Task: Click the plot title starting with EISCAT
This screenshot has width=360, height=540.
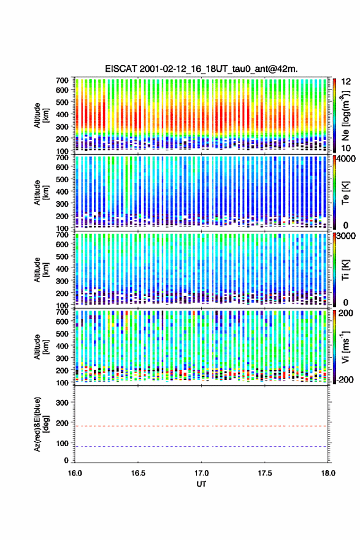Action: tap(201, 69)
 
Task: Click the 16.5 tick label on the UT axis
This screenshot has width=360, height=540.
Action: tap(138, 473)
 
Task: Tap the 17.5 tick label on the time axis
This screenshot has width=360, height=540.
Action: tap(265, 473)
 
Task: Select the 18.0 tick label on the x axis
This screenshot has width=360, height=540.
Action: tap(328, 473)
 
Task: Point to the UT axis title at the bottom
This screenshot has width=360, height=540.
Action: tap(201, 484)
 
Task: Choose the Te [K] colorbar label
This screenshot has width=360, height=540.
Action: tap(345, 193)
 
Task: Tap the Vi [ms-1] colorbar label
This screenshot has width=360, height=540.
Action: tap(345, 347)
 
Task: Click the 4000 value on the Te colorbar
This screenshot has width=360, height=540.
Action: tap(345, 160)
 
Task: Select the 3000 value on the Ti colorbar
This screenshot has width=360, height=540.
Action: tap(345, 236)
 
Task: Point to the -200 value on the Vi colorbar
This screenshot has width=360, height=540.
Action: tap(344, 379)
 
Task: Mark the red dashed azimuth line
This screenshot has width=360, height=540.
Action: tap(201, 426)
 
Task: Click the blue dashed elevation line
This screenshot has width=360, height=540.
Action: tap(201, 447)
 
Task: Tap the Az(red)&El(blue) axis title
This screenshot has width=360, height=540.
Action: tap(40, 424)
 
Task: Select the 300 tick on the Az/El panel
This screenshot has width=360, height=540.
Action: tap(63, 403)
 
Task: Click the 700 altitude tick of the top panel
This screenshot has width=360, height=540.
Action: tap(63, 80)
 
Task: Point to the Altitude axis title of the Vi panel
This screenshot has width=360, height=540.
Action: tap(40, 347)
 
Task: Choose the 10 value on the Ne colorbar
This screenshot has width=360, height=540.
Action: tap(345, 148)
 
